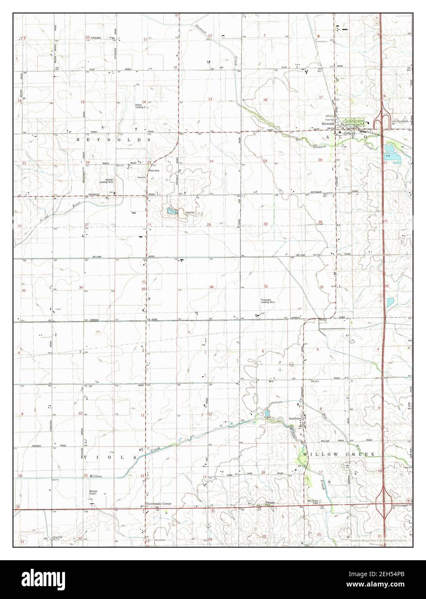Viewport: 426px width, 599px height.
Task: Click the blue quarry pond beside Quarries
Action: (169, 211)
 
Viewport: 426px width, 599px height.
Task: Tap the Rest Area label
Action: (154, 171)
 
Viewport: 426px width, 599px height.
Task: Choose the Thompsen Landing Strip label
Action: (267, 301)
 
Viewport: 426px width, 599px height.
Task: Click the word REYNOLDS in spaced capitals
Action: (113, 140)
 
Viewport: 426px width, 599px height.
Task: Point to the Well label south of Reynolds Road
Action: (134, 212)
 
